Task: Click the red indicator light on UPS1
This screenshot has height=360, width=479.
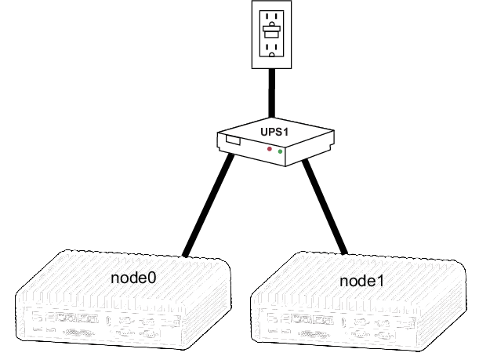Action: tap(270, 148)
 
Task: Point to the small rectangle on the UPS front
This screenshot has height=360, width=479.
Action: tap(232, 141)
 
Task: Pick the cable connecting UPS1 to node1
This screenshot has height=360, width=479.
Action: tap(325, 205)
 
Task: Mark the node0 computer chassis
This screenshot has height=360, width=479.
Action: tap(125, 302)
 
